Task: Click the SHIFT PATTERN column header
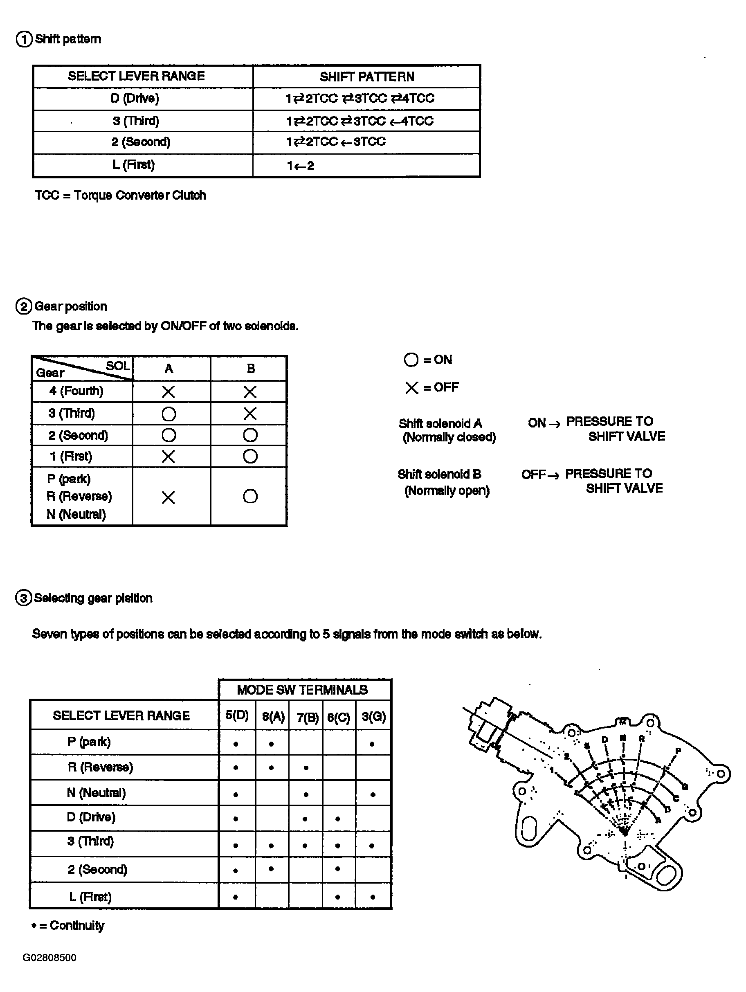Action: point(366,76)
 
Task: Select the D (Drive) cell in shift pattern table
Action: point(135,98)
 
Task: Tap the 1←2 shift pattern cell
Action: point(300,166)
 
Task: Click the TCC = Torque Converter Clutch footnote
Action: point(120,196)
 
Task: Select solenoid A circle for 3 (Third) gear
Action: point(169,414)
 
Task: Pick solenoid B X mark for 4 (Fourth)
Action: point(250,392)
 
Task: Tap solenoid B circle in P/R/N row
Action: point(250,497)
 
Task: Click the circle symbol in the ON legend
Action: point(411,360)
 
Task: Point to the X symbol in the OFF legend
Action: point(411,388)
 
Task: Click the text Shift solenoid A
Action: point(440,424)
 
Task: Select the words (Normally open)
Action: point(447,490)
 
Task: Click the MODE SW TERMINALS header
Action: point(302,690)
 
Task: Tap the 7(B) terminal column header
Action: point(307,717)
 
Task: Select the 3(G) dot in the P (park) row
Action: point(372,745)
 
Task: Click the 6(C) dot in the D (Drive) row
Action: point(337,819)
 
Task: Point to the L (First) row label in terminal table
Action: point(90,897)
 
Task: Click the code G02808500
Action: point(49,958)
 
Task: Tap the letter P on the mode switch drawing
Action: point(678,751)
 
